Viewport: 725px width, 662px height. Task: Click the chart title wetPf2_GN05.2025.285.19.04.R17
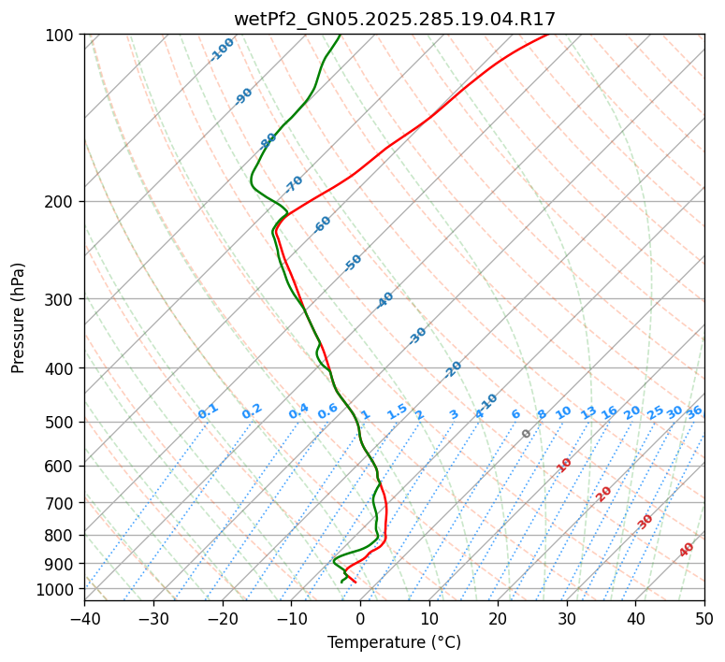coord(394,19)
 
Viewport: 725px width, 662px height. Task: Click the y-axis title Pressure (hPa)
coord(19,317)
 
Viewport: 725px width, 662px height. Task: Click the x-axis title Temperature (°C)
coord(394,643)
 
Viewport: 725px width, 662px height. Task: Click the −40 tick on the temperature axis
coord(84,619)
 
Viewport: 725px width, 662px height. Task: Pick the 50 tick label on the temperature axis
coord(704,619)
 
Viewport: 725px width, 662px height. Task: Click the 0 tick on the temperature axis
coord(360,619)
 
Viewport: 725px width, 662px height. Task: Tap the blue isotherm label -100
coord(222,50)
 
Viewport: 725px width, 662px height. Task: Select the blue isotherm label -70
coord(294,183)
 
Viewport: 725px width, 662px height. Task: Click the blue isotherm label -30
coord(417,336)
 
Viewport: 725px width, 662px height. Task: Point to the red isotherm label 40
coord(687,550)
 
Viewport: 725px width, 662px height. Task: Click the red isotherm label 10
coord(564,465)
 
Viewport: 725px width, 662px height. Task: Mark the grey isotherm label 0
coord(527,434)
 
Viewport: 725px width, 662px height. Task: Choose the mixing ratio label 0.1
coord(208,410)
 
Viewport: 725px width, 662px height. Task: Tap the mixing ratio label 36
coord(694,411)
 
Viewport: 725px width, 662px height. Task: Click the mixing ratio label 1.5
coord(397,410)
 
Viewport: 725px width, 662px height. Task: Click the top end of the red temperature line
coord(548,35)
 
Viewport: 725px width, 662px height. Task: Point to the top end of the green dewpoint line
coord(340,35)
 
